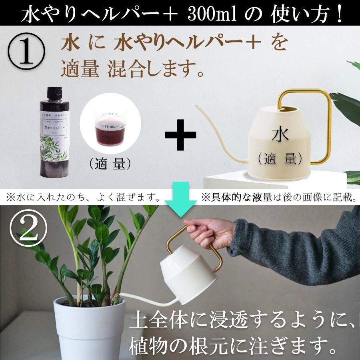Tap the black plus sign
click(181, 134)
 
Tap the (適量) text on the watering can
click(280, 159)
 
